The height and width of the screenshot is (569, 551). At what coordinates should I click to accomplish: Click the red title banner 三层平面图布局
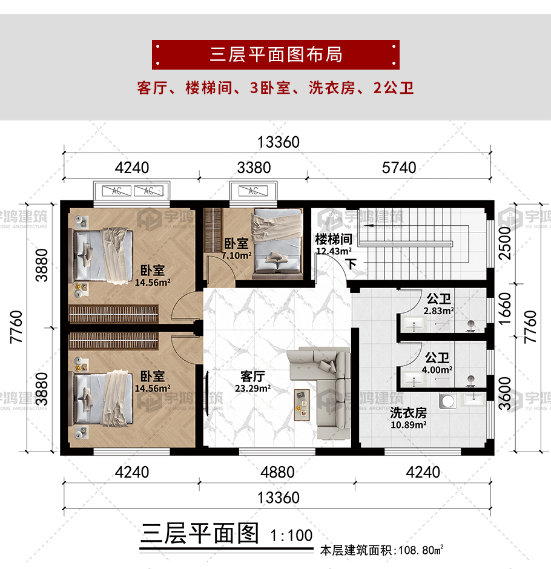pos(275,55)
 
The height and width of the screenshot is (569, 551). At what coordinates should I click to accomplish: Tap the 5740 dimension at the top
pos(399,168)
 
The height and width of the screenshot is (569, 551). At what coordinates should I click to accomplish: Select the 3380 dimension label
pos(254,168)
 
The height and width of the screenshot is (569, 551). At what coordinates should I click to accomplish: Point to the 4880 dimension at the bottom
pos(277,472)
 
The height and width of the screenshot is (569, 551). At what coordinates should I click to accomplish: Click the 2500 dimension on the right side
pos(505,243)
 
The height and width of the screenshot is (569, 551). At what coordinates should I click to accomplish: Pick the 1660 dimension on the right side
pos(505,309)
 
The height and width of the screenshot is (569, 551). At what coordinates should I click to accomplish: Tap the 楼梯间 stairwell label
pos(334,239)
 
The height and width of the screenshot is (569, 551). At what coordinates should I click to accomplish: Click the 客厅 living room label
pos(252,377)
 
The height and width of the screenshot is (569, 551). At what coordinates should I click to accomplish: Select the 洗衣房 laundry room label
pos(408,413)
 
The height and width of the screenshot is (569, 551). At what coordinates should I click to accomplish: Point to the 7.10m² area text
pos(237,255)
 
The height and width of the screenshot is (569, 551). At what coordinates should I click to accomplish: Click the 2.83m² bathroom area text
pos(438,311)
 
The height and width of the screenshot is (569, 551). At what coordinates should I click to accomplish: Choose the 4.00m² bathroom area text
pos(437,370)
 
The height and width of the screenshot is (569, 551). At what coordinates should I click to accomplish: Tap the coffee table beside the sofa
pos(302,405)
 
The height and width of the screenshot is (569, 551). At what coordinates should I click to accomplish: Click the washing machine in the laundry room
pos(447,401)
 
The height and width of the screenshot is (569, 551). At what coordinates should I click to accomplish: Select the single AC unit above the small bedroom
pos(253,191)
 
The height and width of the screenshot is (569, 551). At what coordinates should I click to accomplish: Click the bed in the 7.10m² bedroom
pos(278,241)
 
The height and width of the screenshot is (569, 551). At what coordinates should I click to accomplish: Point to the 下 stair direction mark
pos(351,264)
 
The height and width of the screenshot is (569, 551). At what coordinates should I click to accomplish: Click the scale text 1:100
pos(291,535)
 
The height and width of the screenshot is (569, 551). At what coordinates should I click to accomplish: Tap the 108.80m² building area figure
pos(421,550)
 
